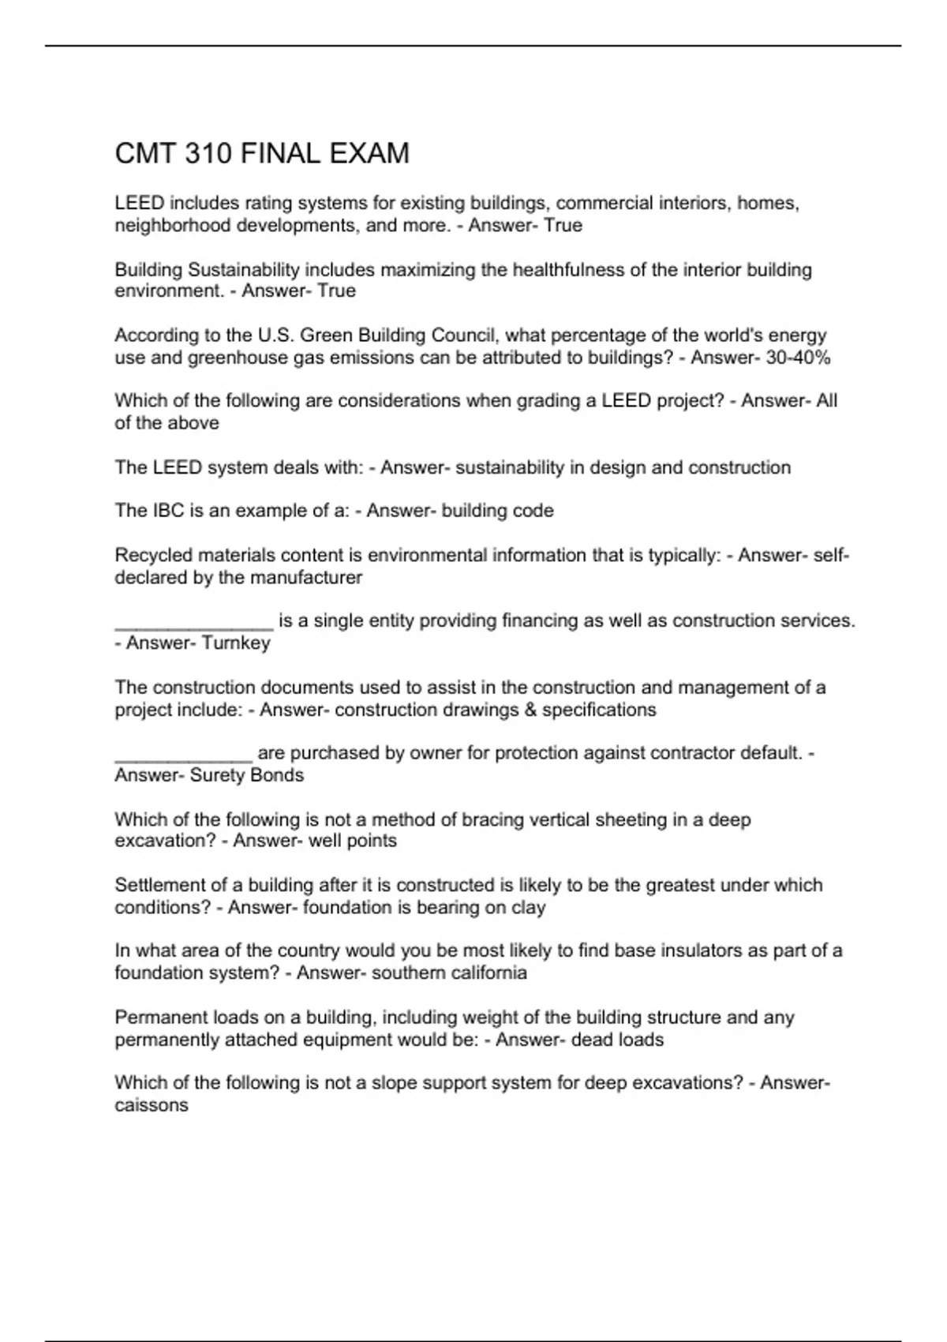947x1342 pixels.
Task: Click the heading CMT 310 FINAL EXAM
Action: click(262, 153)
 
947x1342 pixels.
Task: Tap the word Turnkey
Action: click(236, 643)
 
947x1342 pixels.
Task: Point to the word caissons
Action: click(152, 1105)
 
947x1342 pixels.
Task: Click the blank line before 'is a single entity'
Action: click(193, 624)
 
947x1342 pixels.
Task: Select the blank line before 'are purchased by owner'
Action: click(183, 756)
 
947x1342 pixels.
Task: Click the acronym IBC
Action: click(168, 511)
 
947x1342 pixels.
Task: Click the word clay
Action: click(528, 908)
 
